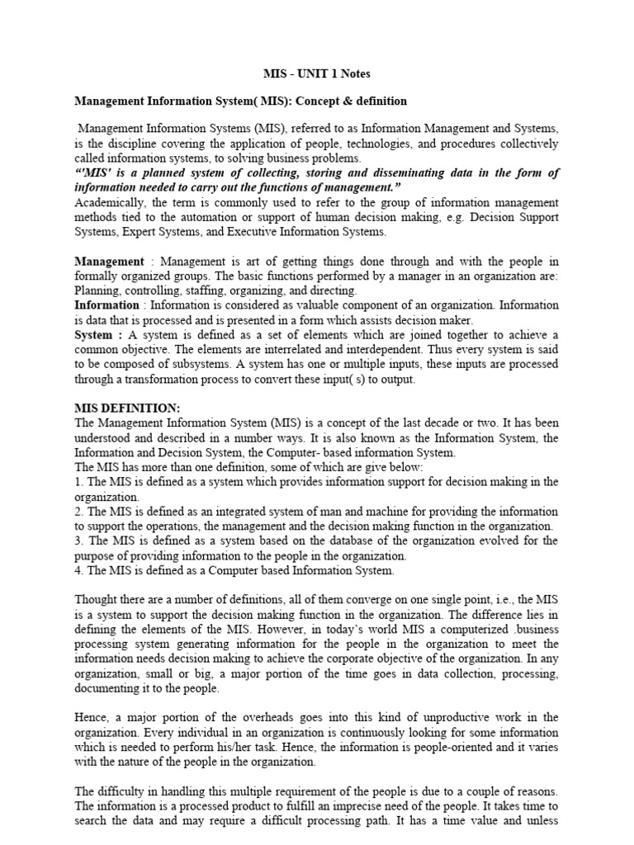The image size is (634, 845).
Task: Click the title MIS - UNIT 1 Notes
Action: coord(317,73)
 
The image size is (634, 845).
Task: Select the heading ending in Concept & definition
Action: coord(240,101)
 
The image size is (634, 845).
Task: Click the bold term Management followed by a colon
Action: coord(109,262)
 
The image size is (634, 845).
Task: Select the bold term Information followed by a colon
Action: coord(106,305)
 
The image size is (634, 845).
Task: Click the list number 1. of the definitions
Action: coord(78,482)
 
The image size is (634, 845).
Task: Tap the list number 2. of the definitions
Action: coord(79,512)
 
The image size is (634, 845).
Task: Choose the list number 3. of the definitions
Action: coord(79,541)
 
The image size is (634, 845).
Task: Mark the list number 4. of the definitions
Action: coord(79,570)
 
